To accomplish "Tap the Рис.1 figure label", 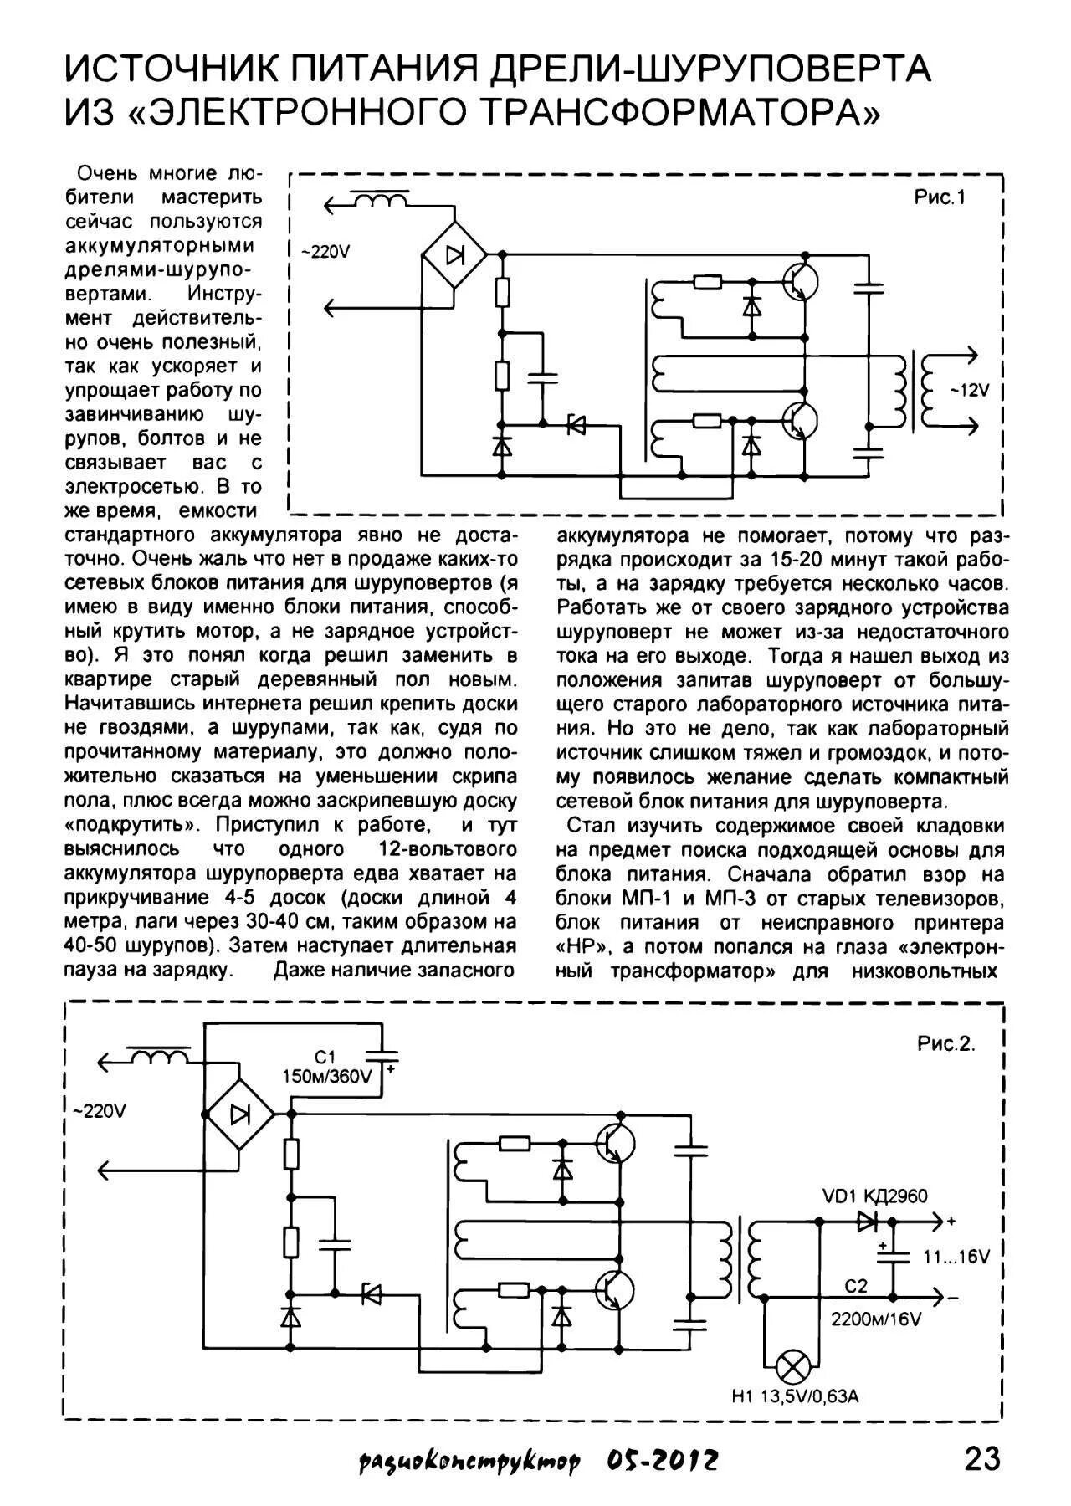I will point(939,198).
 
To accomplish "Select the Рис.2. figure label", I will point(946,1045).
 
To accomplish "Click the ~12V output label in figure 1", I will point(969,390).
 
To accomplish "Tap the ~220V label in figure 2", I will point(100,1112).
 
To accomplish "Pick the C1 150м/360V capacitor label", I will point(326,1068).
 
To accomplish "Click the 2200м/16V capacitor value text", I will point(875,1319).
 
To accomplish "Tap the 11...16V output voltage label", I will point(956,1258).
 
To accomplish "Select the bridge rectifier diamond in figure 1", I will point(455,254).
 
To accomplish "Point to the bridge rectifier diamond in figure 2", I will point(240,1114).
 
